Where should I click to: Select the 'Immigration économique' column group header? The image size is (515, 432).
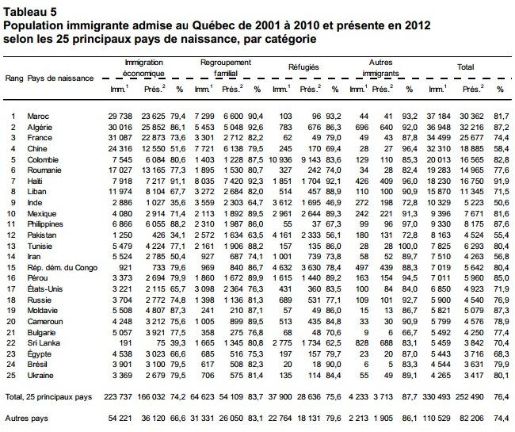pos(144,67)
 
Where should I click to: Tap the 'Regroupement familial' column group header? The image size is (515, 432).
pos(226,67)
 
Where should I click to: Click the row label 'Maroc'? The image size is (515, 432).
pos(38,117)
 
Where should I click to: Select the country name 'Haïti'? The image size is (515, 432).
pos(36,183)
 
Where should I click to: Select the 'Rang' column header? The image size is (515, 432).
pos(13,78)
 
